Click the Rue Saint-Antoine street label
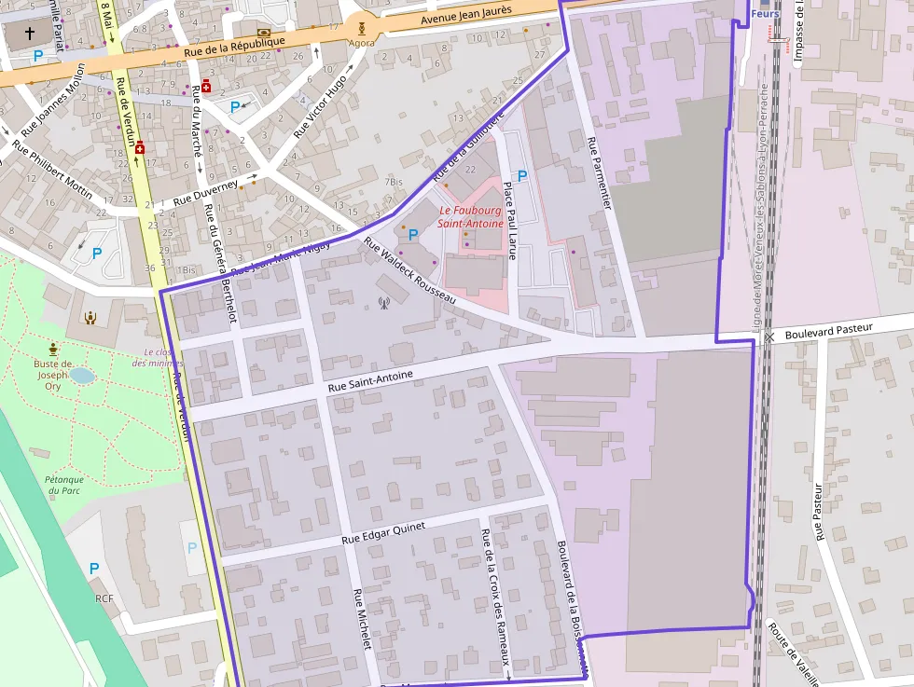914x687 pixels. click(369, 381)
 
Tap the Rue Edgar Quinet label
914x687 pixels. click(383, 532)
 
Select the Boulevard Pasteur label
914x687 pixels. click(828, 329)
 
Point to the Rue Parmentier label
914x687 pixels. click(598, 173)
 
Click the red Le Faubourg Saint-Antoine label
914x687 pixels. click(471, 217)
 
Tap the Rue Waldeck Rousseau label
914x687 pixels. click(409, 272)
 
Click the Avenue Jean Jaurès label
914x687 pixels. click(466, 15)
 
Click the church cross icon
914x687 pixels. click(29, 34)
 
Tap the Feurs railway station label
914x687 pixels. click(765, 13)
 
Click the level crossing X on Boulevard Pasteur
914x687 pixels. click(769, 337)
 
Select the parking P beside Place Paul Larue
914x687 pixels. click(522, 175)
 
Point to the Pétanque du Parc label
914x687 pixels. click(64, 485)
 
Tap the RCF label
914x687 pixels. click(104, 598)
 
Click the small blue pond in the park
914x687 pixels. click(82, 376)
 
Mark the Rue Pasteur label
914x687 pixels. click(820, 512)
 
